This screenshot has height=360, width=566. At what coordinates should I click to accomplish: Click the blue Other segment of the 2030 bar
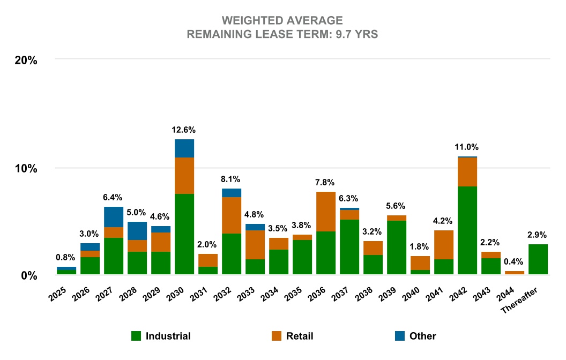tap(184, 148)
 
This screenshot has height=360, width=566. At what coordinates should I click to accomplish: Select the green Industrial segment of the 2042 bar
tap(467, 230)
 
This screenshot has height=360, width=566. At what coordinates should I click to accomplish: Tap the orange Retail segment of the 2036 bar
tap(326, 212)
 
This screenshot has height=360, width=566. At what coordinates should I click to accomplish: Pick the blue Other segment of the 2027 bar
tap(114, 217)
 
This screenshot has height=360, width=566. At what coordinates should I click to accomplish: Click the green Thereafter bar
tap(538, 260)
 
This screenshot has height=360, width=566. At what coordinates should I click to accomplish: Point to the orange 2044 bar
tap(515, 273)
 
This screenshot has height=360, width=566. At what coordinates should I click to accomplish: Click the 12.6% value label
tap(184, 130)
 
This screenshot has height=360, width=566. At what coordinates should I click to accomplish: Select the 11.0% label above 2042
tap(467, 147)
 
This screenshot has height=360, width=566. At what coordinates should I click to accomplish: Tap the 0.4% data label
tap(515, 261)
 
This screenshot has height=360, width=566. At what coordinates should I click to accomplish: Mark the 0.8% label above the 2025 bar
tap(66, 257)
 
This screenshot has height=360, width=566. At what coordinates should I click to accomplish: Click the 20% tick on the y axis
tap(25, 60)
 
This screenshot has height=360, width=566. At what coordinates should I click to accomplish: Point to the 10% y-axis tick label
tap(25, 168)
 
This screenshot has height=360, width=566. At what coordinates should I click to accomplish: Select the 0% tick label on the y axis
tap(28, 276)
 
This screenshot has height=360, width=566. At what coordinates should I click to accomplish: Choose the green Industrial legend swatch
tap(137, 336)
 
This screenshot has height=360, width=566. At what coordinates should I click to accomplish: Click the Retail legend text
tap(300, 336)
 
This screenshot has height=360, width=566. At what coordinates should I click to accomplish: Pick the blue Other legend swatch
tap(399, 336)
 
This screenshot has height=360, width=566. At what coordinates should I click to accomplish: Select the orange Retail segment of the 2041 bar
tap(444, 245)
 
